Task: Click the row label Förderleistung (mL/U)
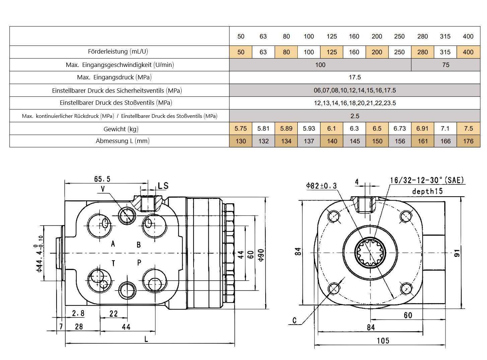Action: [x=118, y=52]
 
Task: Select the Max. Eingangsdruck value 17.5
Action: [x=355, y=77]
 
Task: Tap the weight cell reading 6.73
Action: [x=400, y=129]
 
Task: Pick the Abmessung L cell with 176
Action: [x=468, y=141]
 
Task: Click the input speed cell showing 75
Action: [x=445, y=65]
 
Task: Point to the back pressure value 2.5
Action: [x=355, y=116]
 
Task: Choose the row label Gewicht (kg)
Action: [x=121, y=129]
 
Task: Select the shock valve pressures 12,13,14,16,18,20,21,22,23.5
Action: [x=355, y=103]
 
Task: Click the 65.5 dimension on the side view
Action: [x=102, y=179]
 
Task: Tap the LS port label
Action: [x=163, y=186]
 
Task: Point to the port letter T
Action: [x=113, y=263]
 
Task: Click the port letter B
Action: [x=139, y=245]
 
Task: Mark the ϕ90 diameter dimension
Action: [x=261, y=255]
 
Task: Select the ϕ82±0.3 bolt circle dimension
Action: [x=321, y=186]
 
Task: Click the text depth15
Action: [x=427, y=192]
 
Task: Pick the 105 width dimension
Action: [x=383, y=341]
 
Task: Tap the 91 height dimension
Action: [x=457, y=253]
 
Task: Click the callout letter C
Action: [x=294, y=320]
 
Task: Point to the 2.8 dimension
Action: [x=78, y=313]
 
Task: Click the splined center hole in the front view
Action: [x=370, y=253]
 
